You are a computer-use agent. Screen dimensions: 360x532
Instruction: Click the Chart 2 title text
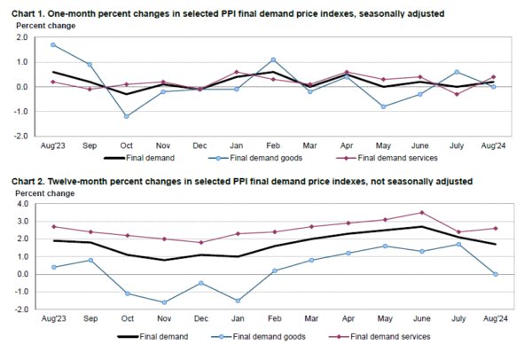click(239, 181)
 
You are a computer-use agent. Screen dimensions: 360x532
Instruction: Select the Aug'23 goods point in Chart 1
click(53, 44)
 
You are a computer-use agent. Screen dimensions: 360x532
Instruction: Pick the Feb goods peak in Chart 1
click(273, 60)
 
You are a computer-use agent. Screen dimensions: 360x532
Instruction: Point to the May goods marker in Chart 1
click(383, 106)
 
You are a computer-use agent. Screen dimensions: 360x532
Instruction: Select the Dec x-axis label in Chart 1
click(199, 145)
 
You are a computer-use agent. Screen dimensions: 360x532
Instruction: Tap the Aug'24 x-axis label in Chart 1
click(493, 145)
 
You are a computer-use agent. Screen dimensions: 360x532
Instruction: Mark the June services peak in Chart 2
click(421, 212)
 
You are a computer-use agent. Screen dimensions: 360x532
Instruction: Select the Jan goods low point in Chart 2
click(238, 301)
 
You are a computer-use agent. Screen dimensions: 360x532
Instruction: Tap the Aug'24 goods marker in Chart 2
click(494, 274)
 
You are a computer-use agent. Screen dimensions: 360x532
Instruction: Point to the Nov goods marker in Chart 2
click(163, 302)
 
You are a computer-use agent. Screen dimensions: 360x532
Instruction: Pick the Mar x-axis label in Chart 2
click(310, 318)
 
